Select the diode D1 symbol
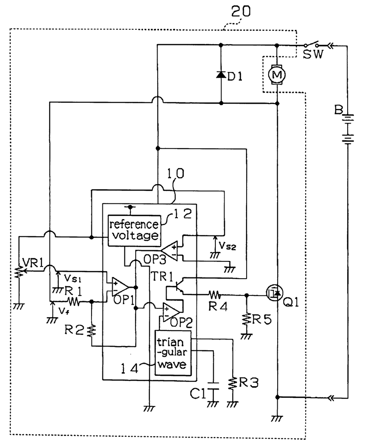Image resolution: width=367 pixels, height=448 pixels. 221,75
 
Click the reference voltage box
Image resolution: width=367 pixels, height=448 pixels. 133,230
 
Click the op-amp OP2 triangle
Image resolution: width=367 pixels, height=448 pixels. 172,309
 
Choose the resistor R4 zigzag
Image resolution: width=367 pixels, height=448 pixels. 215,295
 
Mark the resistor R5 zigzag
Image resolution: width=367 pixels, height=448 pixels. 246,319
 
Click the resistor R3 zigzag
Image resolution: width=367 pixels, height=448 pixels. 233,383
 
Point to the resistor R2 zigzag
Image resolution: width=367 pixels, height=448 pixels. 91,331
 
